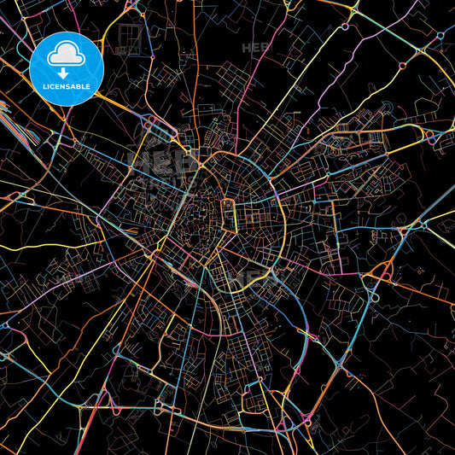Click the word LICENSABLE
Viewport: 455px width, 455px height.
pyautogui.click(x=67, y=85)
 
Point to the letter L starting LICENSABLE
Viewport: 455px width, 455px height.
pyautogui.click(x=44, y=85)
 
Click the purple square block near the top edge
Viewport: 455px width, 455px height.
pyautogui.click(x=130, y=36)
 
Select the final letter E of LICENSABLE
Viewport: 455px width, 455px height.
pyautogui.click(x=90, y=85)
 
